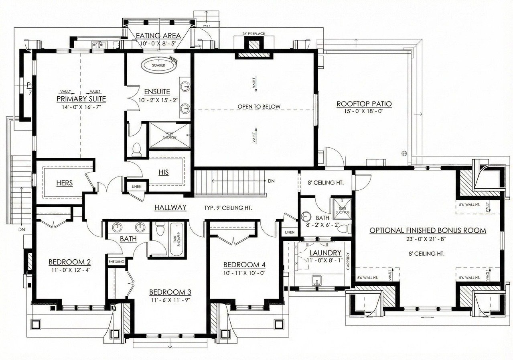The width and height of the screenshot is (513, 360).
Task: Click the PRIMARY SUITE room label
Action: coord(81,99)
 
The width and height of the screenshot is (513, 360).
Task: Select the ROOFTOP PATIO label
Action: coord(364,104)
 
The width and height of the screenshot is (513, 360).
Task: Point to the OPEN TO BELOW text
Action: coord(259,106)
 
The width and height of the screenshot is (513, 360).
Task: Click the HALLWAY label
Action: coord(171,207)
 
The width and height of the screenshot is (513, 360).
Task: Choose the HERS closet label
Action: coord(65,183)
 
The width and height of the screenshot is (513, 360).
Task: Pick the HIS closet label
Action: coord(163,172)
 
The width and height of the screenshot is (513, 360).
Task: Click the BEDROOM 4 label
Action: coord(244,265)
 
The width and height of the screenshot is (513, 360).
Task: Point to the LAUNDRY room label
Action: coord(325,253)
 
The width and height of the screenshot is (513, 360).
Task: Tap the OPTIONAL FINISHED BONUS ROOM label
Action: coord(428,230)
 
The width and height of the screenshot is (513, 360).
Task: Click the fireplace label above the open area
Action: coord(253,34)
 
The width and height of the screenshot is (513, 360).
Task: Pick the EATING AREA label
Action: coord(158,36)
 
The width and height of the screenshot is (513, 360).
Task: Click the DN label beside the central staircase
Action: coord(271,181)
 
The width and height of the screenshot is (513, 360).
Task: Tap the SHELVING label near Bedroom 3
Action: coord(116,262)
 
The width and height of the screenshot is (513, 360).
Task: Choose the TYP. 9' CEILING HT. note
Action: coord(229,208)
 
